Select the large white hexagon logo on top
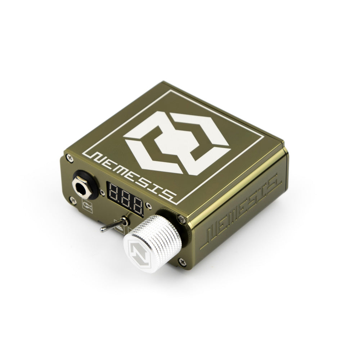pos(176,142)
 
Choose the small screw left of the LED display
pos(103,193)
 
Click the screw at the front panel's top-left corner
pos(69,157)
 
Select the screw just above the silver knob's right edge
pos(182,219)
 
